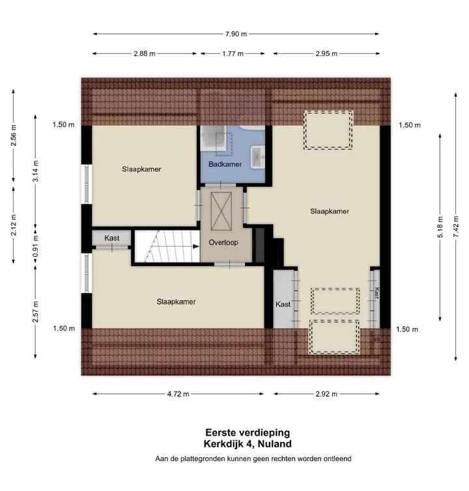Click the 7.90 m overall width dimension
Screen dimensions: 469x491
pos(236,34)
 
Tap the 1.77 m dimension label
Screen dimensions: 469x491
pos(233,53)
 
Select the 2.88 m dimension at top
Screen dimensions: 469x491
pos(145,53)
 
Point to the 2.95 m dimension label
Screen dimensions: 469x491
pos(326,53)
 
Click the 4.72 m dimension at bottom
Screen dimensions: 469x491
pos(178,394)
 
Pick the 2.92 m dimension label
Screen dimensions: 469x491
pos(326,394)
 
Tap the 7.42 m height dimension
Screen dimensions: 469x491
pos(456,227)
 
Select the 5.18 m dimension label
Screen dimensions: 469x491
pos(440,227)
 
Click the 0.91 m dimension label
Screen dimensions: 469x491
pos(35,246)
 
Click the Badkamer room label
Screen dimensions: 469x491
pos(225,164)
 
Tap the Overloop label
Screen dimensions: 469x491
pos(223,242)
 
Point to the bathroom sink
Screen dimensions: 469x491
pos(257,157)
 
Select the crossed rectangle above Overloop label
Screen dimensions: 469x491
pos(221,211)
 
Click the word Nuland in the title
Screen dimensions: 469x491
pos(275,443)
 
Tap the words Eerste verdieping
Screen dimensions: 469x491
pos(248,432)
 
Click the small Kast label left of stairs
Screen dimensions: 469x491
pos(112,238)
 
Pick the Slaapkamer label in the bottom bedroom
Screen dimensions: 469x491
pos(176,302)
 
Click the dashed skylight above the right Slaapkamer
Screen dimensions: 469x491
pos(328,130)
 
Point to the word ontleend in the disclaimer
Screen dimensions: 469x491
pos(337,458)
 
